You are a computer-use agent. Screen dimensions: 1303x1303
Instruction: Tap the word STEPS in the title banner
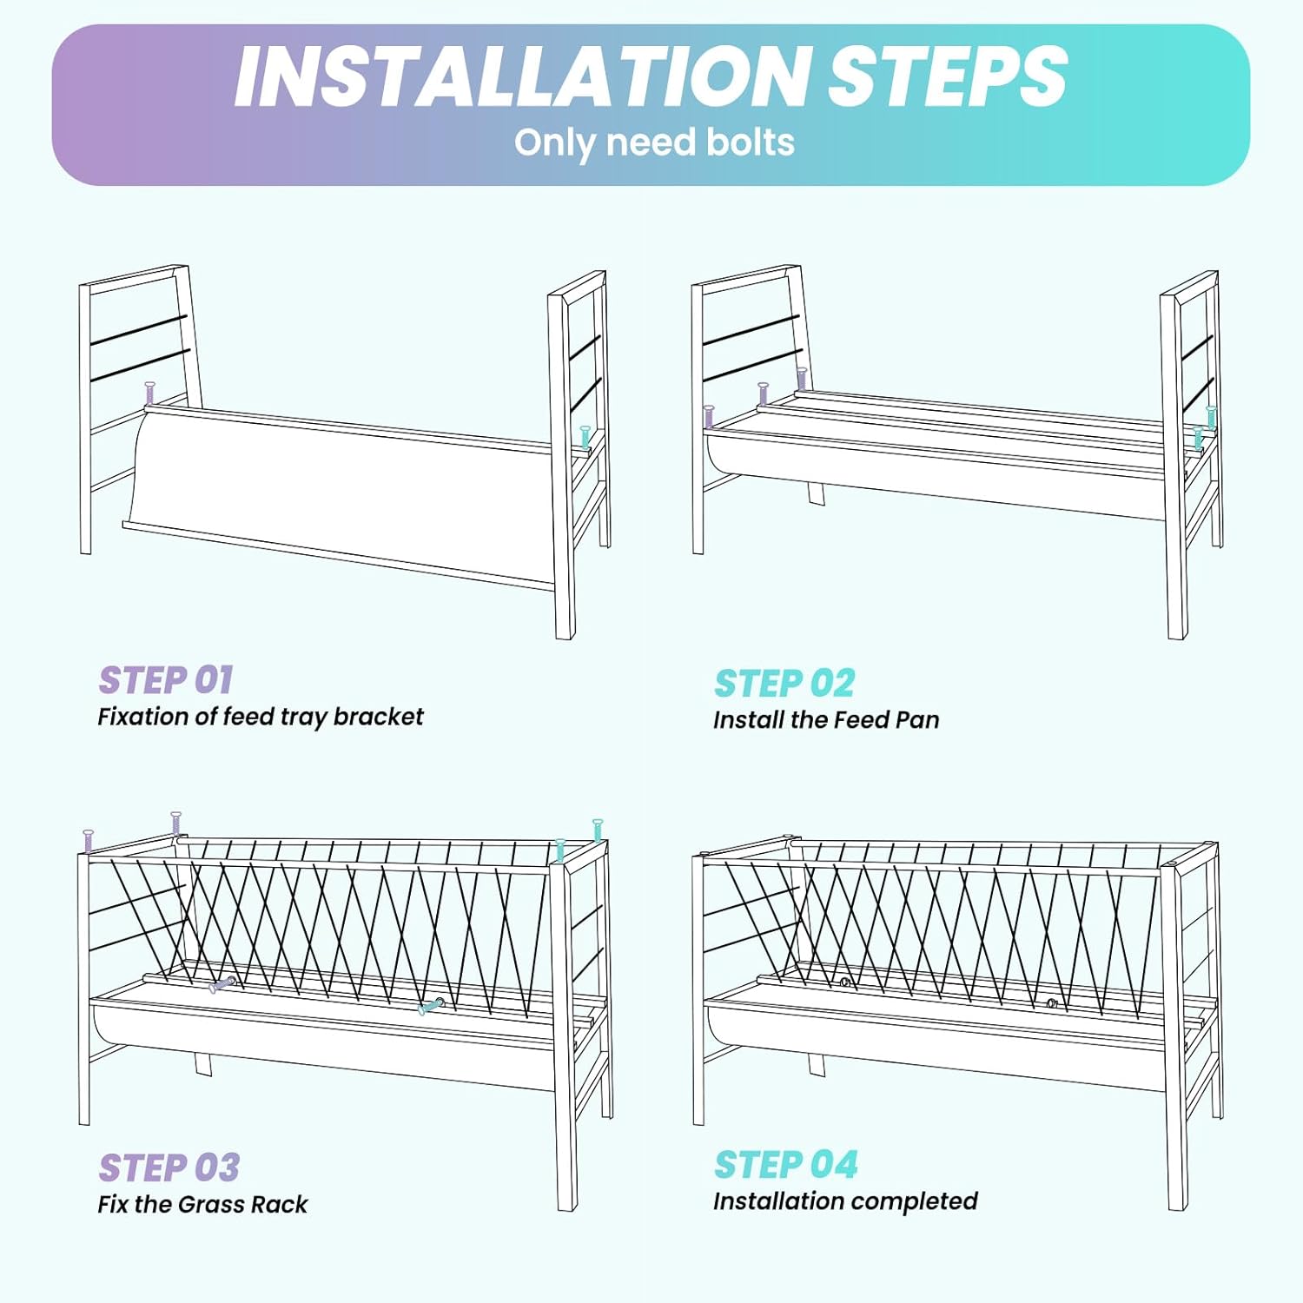point(948,76)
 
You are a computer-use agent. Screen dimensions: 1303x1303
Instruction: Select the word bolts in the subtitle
point(751,142)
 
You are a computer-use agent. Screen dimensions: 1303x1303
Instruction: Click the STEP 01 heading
point(165,680)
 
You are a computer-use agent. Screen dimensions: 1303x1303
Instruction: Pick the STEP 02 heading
point(784,684)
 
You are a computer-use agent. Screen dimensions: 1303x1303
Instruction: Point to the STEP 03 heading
point(169,1168)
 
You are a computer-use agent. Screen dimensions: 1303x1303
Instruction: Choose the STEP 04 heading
point(786,1165)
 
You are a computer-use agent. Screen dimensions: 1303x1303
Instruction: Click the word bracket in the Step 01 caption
point(379,717)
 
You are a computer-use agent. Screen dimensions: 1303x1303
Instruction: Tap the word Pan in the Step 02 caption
point(918,720)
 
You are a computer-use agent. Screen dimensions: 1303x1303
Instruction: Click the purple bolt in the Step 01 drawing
point(149,394)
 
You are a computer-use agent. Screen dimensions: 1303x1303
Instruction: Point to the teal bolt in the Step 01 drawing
point(585,437)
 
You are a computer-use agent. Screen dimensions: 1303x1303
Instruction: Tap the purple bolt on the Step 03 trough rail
point(222,985)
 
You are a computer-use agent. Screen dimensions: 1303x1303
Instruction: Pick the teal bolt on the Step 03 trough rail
point(431,1007)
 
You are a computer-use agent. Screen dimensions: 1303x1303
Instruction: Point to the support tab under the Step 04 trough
point(817,1065)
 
